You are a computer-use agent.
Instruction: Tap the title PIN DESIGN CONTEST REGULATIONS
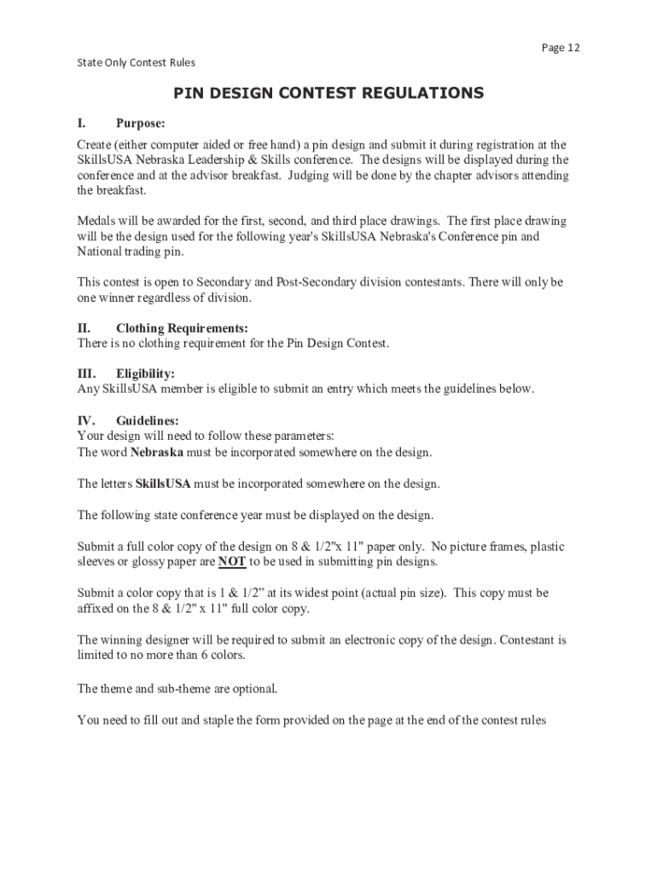[328, 93]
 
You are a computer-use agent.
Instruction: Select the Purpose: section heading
[141, 123]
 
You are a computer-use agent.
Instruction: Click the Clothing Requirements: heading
[182, 328]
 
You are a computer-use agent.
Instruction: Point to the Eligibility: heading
[145, 374]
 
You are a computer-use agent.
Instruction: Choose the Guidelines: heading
[148, 420]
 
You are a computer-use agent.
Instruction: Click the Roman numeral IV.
[86, 420]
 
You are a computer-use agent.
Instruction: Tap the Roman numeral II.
[84, 328]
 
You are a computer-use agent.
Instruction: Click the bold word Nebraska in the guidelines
[157, 452]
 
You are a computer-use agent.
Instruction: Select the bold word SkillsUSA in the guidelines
[163, 483]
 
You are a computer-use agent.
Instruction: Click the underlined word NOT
[232, 562]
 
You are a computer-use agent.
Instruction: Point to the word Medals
[97, 221]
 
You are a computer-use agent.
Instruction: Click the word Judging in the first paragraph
[311, 176]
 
